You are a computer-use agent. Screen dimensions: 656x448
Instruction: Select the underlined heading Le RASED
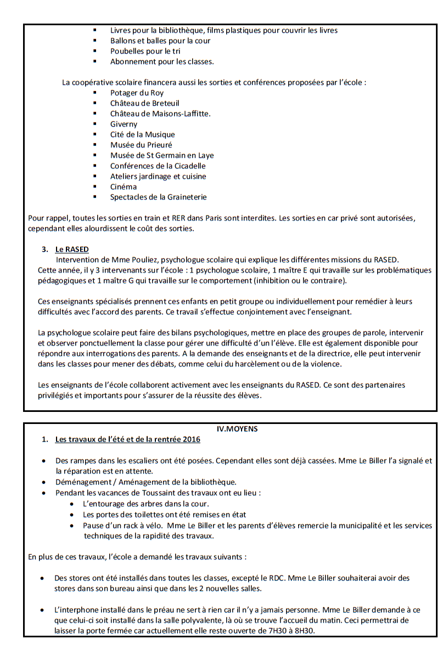(72, 250)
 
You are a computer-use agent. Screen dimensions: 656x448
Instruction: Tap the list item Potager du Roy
(137, 93)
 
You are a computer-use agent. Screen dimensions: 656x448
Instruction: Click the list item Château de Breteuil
(144, 103)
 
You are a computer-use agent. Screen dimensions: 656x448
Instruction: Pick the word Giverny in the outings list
(124, 124)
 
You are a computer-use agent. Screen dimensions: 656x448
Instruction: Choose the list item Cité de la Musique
(142, 134)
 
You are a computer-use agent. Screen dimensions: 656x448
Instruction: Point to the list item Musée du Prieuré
(141, 145)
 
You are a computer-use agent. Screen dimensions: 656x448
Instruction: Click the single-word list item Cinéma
(124, 186)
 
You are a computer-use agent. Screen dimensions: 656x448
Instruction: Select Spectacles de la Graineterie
(158, 197)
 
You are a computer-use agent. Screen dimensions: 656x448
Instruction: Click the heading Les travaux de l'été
(127, 440)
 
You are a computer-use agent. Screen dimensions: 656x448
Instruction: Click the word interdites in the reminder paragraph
(256, 218)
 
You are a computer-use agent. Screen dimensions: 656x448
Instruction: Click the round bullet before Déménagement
(43, 482)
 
